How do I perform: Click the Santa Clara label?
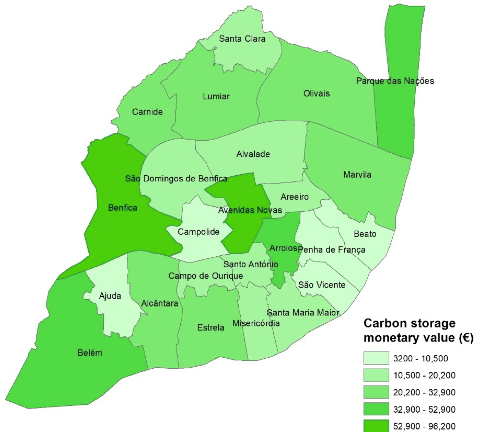(242, 39)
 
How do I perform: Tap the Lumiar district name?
(216, 96)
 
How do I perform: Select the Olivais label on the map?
(316, 93)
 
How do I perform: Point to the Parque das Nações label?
(395, 81)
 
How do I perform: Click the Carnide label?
(147, 112)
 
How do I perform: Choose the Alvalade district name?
(253, 154)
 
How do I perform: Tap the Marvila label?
(357, 175)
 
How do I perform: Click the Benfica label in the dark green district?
(122, 208)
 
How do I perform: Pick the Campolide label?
(198, 232)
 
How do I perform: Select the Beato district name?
(365, 234)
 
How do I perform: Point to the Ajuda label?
(110, 296)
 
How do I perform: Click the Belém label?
(90, 353)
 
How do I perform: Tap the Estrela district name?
(211, 328)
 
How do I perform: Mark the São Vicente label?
(322, 285)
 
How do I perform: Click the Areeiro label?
(294, 197)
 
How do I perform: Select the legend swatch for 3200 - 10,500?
(376, 358)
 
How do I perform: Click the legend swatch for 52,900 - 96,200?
(376, 426)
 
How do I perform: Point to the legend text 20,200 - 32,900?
(424, 392)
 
